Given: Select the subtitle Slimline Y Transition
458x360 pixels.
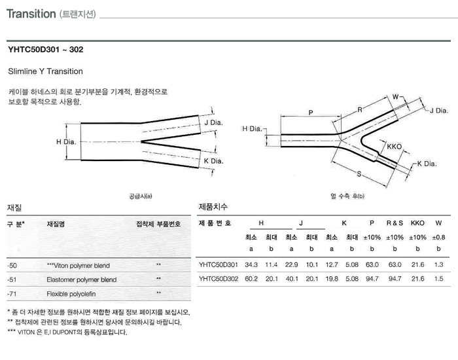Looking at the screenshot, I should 45,71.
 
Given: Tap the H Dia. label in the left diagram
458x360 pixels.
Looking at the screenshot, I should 67,141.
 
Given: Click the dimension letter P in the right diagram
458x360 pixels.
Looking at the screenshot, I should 310,113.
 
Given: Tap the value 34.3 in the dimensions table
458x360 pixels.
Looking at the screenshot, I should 251,264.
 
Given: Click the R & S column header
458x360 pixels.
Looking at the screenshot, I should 395,223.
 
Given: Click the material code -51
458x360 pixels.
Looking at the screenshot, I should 12,279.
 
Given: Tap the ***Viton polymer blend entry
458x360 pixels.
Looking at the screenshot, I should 79,266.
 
